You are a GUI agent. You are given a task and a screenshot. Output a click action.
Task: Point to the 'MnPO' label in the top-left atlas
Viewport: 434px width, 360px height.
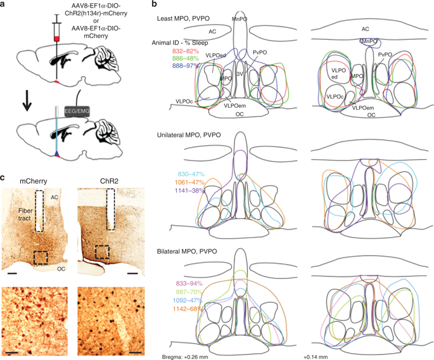coord(239,20)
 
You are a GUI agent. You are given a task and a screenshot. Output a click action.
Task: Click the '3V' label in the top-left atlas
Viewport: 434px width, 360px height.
coord(239,74)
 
